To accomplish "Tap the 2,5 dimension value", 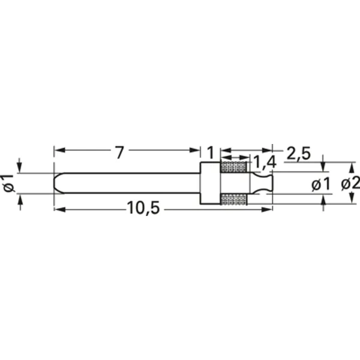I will click(298, 154).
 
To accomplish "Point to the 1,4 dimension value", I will click(264, 161).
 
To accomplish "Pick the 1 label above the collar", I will click(210, 152).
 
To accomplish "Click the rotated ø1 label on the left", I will click(8, 183).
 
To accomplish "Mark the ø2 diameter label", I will click(350, 183).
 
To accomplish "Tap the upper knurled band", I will click(234, 167).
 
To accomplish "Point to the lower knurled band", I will click(234, 199).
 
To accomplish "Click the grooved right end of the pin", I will click(262, 183).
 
